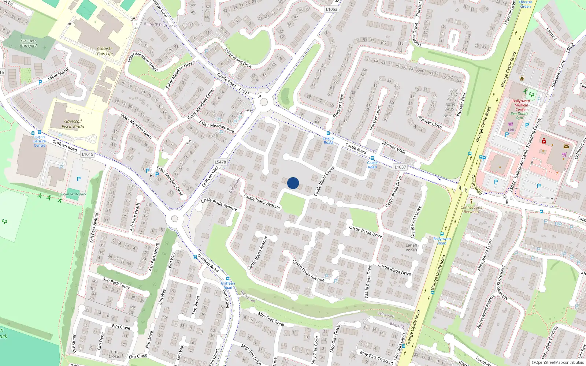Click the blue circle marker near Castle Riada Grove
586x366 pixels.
(x=293, y=183)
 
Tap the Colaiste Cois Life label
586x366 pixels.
(x=105, y=51)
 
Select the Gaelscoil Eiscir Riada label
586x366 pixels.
(x=73, y=124)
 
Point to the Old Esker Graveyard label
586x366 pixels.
(x=29, y=44)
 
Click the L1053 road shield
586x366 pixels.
(x=331, y=10)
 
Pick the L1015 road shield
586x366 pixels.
(x=88, y=154)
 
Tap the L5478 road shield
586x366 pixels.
(x=220, y=162)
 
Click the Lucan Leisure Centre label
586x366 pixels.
(x=40, y=141)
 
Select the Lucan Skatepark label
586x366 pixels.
(x=73, y=194)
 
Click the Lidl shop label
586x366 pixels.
(x=511, y=130)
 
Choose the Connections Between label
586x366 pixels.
(x=471, y=209)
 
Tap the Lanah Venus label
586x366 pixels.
(x=411, y=248)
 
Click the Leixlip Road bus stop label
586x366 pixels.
(x=328, y=140)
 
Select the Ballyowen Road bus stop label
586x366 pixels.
(x=442, y=241)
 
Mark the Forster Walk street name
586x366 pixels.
(x=393, y=147)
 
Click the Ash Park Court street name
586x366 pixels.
(x=116, y=283)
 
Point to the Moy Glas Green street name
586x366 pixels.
(x=271, y=319)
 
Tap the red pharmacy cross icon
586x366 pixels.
(x=544, y=141)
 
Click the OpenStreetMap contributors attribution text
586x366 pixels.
(x=558, y=363)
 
